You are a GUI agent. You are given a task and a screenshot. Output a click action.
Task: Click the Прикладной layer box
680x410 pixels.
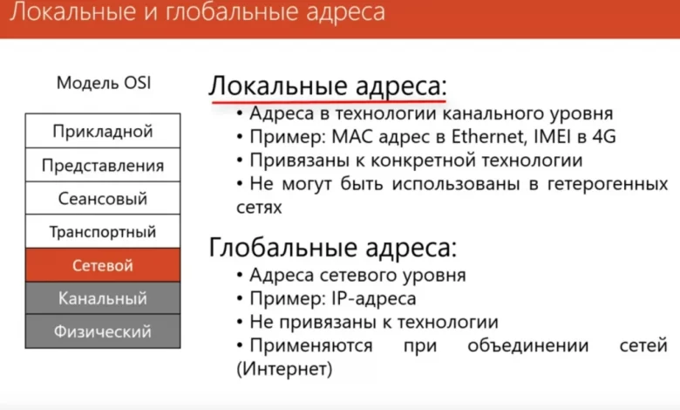[x=103, y=133]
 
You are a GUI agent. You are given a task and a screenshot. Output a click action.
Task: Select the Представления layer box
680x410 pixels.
[x=103, y=166]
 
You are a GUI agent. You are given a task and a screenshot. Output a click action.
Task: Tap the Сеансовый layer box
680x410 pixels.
[x=103, y=199]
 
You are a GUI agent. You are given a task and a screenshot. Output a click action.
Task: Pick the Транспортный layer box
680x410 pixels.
[x=103, y=232]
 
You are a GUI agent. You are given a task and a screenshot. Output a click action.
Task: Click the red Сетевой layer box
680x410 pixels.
[x=103, y=265]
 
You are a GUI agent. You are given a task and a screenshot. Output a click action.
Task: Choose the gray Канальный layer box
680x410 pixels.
[x=103, y=298]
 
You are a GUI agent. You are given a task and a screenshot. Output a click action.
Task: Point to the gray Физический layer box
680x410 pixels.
[x=103, y=331]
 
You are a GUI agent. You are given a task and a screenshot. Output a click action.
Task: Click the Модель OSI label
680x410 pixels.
[x=103, y=84]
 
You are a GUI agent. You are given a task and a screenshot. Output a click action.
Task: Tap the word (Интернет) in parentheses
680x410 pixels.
[x=284, y=370]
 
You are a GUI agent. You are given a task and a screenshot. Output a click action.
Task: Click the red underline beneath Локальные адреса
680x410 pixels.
[x=327, y=102]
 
